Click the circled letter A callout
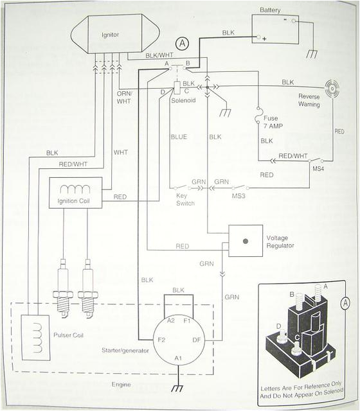[183, 44]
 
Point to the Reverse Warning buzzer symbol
[332, 89]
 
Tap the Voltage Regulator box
[245, 241]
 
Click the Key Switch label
[185, 198]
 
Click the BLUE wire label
[179, 136]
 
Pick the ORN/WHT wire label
[125, 97]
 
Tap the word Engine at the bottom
[120, 385]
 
